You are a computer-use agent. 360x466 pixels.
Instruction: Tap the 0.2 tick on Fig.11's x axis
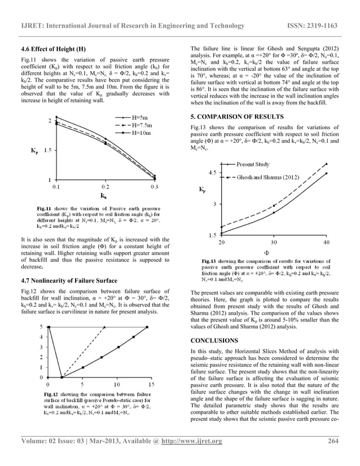106,185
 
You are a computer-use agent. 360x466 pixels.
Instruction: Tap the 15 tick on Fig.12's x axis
152,384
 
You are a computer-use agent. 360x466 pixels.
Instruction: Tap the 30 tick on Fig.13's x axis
273,242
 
